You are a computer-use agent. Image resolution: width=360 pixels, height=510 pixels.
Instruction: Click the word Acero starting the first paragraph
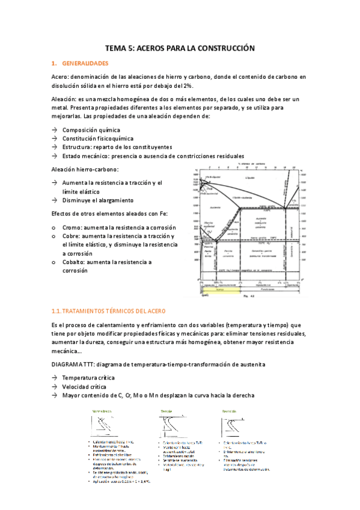point(60,77)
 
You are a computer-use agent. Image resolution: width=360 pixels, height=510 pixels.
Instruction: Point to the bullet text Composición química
point(91,130)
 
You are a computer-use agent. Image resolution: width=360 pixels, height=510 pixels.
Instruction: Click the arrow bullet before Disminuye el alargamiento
point(54,200)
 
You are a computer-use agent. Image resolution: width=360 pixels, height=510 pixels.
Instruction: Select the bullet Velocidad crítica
point(85,387)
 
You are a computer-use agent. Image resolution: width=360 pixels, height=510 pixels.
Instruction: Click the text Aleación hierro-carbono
point(85,170)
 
